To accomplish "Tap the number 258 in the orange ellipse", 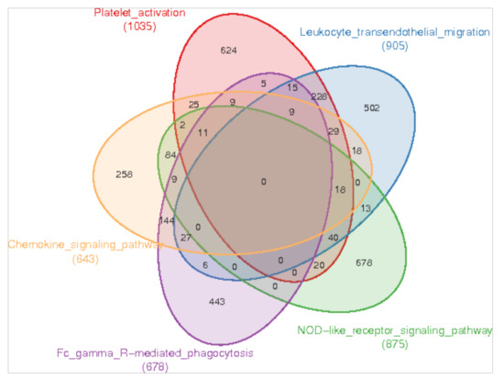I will point(126,173).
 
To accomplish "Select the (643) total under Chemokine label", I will point(84,260).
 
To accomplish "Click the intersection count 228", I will point(318,96).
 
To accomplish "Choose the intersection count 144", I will point(166,220).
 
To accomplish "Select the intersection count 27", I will point(185,238).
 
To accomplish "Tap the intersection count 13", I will point(367,209).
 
